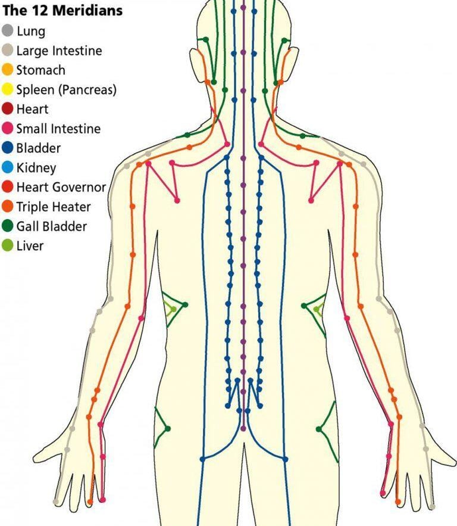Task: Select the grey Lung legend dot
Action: [8, 31]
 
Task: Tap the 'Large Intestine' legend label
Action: [59, 51]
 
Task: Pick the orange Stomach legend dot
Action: [8, 70]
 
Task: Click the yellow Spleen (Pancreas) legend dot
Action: [8, 90]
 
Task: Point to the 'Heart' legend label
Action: [32, 109]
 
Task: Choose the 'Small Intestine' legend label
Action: [58, 129]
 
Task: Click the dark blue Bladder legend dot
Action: [8, 148]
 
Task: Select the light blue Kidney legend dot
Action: [8, 168]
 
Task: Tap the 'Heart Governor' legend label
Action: [61, 187]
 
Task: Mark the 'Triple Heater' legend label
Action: [54, 207]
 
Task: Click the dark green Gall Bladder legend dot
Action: [8, 226]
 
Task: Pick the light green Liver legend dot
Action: [8, 245]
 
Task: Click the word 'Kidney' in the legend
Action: [36, 168]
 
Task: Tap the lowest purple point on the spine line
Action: [243, 428]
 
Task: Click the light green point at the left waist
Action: [173, 309]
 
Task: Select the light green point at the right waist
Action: [317, 310]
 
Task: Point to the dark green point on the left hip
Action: [168, 428]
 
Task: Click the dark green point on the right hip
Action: [320, 429]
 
